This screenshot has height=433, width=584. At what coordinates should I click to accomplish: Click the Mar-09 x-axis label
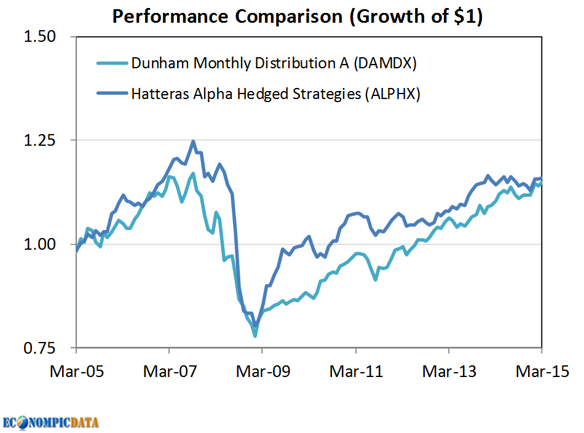(262, 371)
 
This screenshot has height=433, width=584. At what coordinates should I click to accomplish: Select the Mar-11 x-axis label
(356, 371)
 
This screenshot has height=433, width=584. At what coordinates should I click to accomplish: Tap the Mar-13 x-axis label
(449, 371)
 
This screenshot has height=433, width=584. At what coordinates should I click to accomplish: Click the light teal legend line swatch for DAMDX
(112, 63)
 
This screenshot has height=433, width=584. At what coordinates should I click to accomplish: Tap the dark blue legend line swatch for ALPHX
(112, 94)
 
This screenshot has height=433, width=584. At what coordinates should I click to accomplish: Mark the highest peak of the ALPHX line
(193, 141)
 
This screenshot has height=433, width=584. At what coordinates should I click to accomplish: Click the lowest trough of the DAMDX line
(255, 336)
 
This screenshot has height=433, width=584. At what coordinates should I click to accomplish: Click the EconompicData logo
(50, 423)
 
